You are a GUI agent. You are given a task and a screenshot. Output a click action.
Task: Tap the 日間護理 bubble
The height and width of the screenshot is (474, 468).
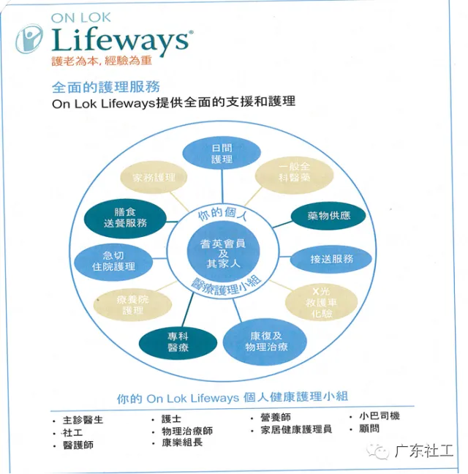click(221, 153)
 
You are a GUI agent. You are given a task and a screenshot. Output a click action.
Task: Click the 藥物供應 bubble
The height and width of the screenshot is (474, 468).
click(328, 216)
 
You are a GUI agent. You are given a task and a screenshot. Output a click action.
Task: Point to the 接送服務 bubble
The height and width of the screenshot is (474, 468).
click(331, 258)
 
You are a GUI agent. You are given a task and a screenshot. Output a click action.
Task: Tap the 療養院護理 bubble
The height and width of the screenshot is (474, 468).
click(132, 304)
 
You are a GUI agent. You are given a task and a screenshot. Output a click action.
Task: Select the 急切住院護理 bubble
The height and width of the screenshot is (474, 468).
click(114, 260)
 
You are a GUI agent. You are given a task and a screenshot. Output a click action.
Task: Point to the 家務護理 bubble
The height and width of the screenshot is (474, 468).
click(153, 177)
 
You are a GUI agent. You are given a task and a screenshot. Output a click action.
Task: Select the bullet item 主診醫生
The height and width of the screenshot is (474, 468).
click(83, 420)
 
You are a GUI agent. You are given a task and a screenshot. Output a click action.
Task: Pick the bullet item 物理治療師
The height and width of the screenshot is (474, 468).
click(186, 431)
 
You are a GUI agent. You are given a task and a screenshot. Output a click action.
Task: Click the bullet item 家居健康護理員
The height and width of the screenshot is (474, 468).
click(296, 429)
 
